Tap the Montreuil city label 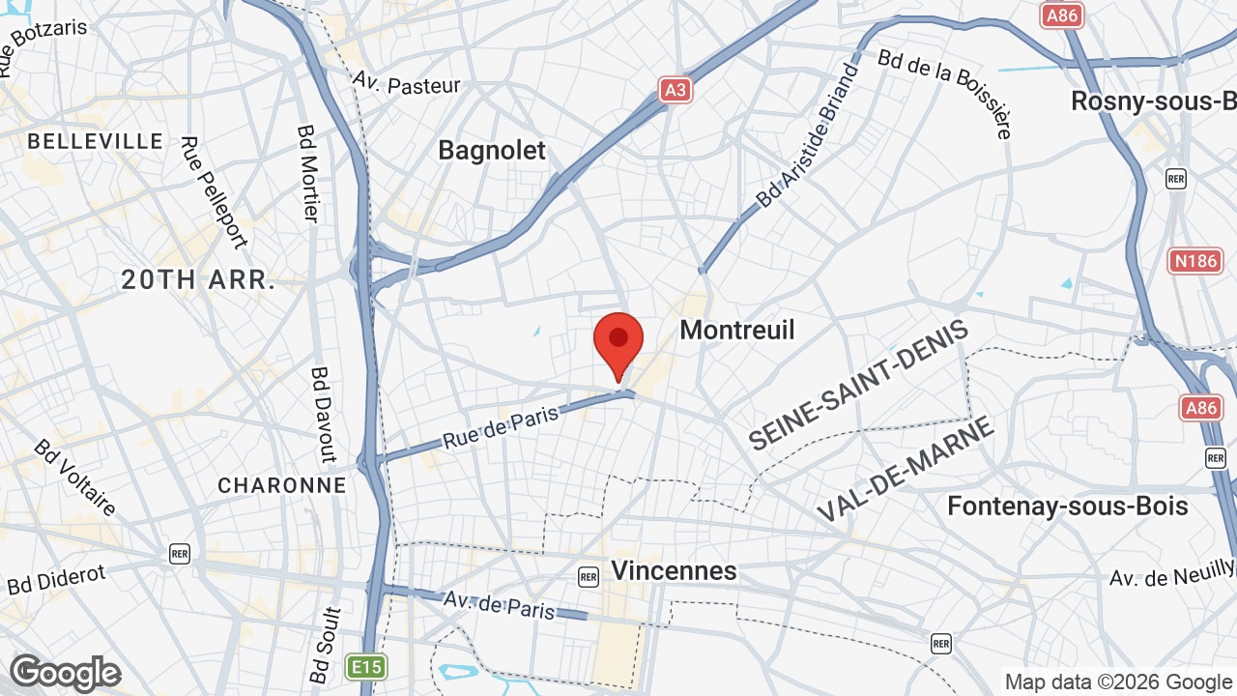[737, 330]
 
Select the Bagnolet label [492, 150]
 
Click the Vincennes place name [674, 570]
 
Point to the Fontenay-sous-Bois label [1068, 506]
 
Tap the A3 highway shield [676, 90]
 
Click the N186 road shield [1195, 260]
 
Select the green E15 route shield [366, 666]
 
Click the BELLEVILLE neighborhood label [96, 141]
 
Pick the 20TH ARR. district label [199, 280]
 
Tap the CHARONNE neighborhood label [282, 485]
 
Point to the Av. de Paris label [500, 603]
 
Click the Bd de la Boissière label [945, 92]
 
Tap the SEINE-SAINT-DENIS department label [858, 385]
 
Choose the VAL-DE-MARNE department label [906, 470]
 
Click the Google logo [66, 673]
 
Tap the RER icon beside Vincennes [589, 577]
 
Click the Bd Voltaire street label [75, 478]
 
